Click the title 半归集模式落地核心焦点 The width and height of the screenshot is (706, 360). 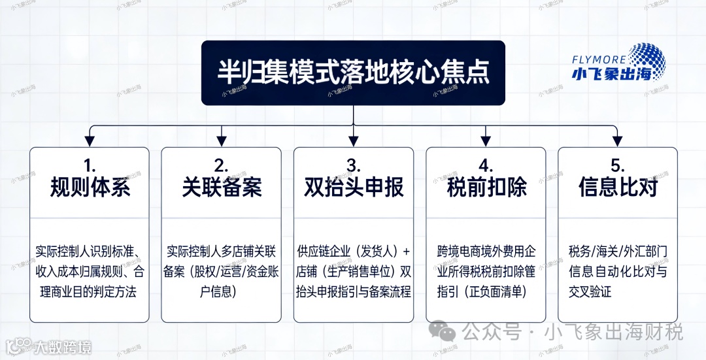coord(353,73)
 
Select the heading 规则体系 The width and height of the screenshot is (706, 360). coord(90,188)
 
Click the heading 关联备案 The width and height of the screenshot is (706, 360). coord(222,188)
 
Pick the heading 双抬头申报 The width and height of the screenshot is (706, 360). coord(354,188)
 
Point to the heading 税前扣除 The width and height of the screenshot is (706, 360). coord(486,188)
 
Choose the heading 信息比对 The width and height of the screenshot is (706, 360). coord(618,188)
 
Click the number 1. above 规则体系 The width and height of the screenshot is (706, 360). coord(90,163)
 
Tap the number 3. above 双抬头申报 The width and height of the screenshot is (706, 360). coord(354,163)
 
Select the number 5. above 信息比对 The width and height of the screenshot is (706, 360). coord(618,163)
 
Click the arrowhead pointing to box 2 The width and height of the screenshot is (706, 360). coord(222,140)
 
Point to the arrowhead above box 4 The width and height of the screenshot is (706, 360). coord(486,140)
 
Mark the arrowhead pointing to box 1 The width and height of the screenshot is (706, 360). coord(90,140)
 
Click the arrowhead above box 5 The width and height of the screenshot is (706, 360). coord(617,140)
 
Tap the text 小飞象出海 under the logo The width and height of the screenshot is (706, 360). coord(611,74)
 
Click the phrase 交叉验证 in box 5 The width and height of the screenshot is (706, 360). coord(590,291)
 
